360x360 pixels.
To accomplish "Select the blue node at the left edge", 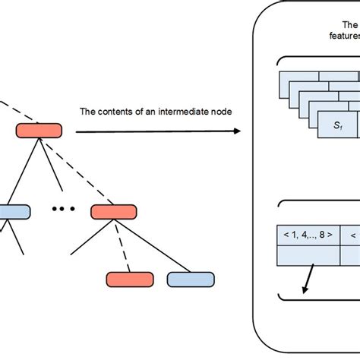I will [14, 212].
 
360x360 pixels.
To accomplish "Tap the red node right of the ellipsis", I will [112, 211].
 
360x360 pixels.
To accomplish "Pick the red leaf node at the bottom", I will [128, 279].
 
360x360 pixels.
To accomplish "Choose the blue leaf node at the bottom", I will [188, 279].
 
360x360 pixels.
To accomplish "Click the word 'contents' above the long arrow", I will [113, 112].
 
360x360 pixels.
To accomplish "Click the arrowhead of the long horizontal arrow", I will [236, 131].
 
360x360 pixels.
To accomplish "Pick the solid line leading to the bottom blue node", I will [153, 246].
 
